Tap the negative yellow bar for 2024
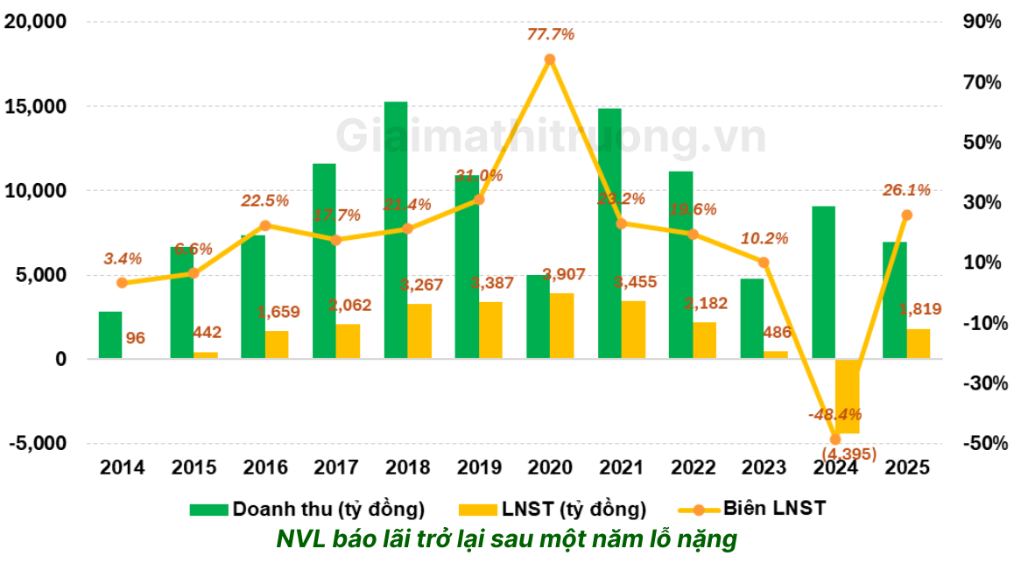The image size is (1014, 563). coord(847,396)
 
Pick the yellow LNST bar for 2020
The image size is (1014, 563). coord(561,326)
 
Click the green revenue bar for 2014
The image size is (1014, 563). coord(109,334)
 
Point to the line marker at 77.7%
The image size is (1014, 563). coord(550,60)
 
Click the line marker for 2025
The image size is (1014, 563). coord(907,215)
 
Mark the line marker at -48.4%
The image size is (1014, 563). coord(834,440)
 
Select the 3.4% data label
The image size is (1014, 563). coord(123,258)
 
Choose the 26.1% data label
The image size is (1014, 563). coord(906,190)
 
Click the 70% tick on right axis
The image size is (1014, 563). coord(982,82)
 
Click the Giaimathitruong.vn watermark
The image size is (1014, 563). coord(551,137)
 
